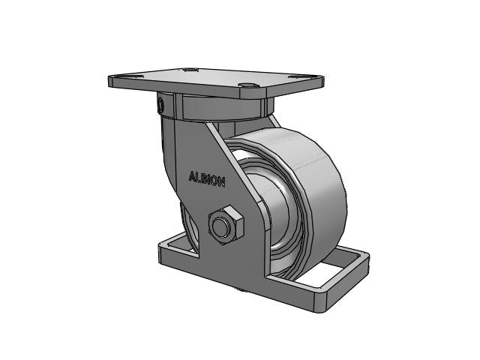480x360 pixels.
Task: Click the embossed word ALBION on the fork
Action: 207,178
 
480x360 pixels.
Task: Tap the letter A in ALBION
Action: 192,176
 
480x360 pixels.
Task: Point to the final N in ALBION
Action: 222,181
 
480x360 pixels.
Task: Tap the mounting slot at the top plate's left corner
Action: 133,76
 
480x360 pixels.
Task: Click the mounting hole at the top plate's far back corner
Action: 191,70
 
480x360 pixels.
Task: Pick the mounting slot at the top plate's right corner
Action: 298,76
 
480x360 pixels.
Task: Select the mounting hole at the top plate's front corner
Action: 247,85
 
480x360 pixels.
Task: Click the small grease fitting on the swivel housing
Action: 160,105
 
